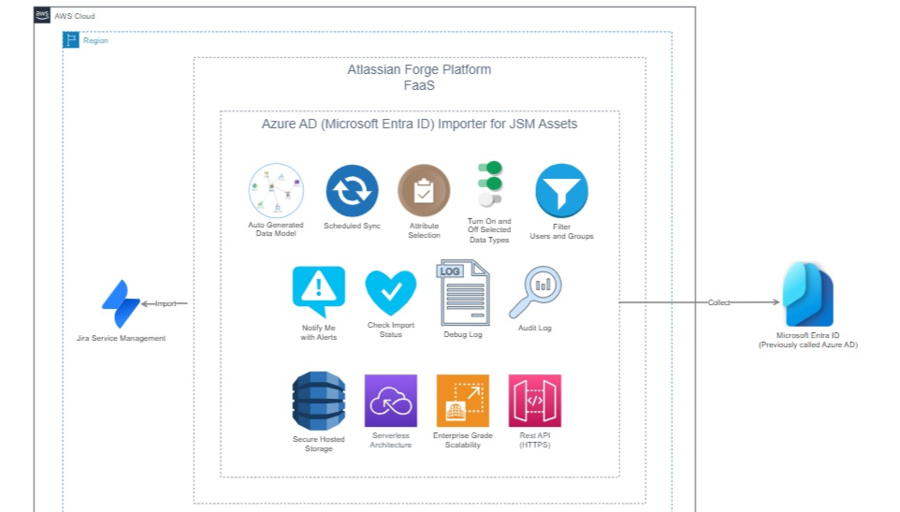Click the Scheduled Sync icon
[352, 191]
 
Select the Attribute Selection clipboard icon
[424, 191]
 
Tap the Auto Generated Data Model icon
[276, 191]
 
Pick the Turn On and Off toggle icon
[489, 184]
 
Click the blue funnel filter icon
[561, 191]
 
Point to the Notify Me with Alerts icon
[318, 291]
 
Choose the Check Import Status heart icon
[390, 292]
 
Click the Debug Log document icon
[462, 293]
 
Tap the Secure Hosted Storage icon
[318, 401]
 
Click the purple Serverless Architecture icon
[390, 401]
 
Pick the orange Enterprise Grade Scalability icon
[462, 401]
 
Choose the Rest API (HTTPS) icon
[534, 401]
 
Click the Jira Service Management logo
[121, 304]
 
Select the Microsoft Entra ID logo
[808, 295]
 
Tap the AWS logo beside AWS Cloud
[42, 16]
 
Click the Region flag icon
[70, 39]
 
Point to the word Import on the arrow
[165, 303]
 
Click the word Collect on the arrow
[719, 302]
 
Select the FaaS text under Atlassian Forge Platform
[419, 84]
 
